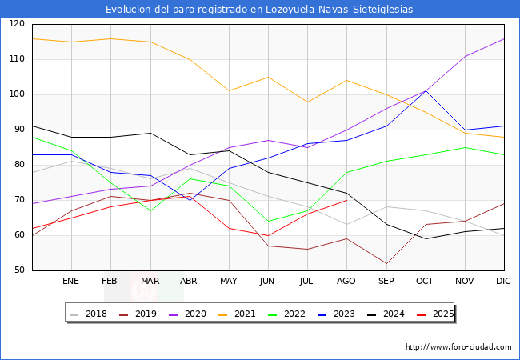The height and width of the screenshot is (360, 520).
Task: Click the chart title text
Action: [x=260, y=10]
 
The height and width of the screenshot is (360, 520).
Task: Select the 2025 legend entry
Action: [x=441, y=314]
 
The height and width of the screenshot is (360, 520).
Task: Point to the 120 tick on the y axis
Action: [x=15, y=24]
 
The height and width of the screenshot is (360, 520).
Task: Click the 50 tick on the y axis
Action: [x=18, y=270]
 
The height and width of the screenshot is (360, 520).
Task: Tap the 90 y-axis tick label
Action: [x=18, y=130]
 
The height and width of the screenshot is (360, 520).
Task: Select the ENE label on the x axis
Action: [x=71, y=282]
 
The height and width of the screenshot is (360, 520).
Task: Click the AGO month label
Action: [x=346, y=282]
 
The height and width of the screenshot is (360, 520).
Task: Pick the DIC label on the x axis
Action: [x=503, y=282]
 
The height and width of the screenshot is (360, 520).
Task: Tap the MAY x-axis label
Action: [x=229, y=282]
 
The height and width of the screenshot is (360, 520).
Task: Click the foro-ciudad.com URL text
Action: [x=458, y=347]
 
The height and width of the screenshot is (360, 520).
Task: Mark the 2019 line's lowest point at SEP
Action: [x=386, y=263]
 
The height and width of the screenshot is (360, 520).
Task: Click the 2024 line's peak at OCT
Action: [x=425, y=91]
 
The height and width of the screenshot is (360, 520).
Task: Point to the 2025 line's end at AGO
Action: [x=346, y=200]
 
